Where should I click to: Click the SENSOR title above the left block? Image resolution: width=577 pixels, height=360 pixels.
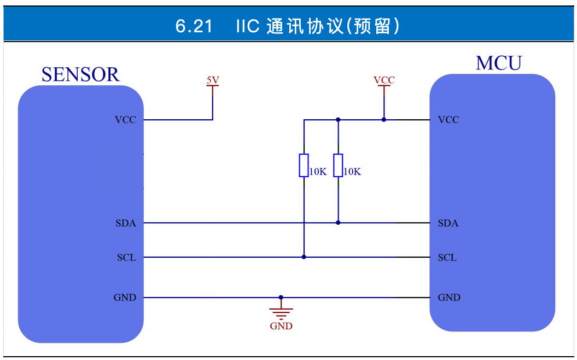80,74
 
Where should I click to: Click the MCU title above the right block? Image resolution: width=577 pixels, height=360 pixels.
498,63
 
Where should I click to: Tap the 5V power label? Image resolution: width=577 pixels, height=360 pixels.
212,80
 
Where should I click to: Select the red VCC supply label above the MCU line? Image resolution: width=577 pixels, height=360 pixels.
384,80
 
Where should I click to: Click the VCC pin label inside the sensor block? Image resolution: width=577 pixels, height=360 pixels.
125,120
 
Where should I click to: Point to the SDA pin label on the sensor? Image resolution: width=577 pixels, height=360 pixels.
126,223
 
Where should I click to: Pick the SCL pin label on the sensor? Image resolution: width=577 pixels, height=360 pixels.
126,257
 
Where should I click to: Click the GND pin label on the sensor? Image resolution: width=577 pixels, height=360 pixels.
125,298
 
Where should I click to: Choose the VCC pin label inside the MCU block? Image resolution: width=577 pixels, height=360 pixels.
448,120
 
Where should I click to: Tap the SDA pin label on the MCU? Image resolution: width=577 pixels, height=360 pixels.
448,223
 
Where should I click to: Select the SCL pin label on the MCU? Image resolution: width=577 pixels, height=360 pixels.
447,257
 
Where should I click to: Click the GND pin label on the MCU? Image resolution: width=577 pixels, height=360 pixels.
449,298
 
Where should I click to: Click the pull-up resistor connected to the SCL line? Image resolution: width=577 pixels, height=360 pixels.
304,165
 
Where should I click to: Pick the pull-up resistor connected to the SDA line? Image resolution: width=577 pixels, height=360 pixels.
338,165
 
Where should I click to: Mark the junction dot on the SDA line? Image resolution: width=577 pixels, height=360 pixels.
338,223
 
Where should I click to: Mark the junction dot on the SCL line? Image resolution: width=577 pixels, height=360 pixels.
304,257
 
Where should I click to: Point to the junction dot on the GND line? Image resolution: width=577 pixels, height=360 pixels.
281,298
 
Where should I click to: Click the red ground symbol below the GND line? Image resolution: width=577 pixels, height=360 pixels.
281,313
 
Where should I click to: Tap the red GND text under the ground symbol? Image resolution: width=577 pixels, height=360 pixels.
281,326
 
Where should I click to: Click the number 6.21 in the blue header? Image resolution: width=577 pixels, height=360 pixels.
194,26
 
